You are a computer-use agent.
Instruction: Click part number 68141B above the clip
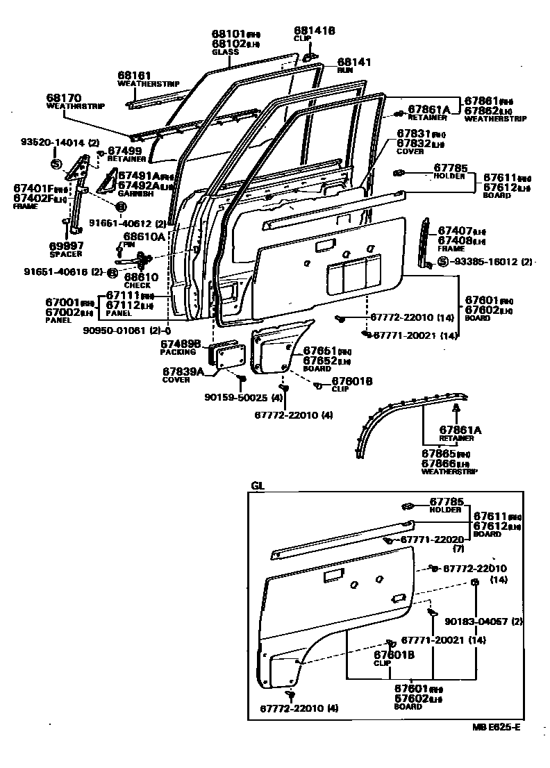[315, 31]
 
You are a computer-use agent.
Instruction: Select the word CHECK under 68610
[137, 285]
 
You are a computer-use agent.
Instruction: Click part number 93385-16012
[487, 262]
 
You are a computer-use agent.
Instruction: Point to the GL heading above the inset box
[258, 486]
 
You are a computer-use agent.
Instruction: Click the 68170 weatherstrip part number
[65, 99]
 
